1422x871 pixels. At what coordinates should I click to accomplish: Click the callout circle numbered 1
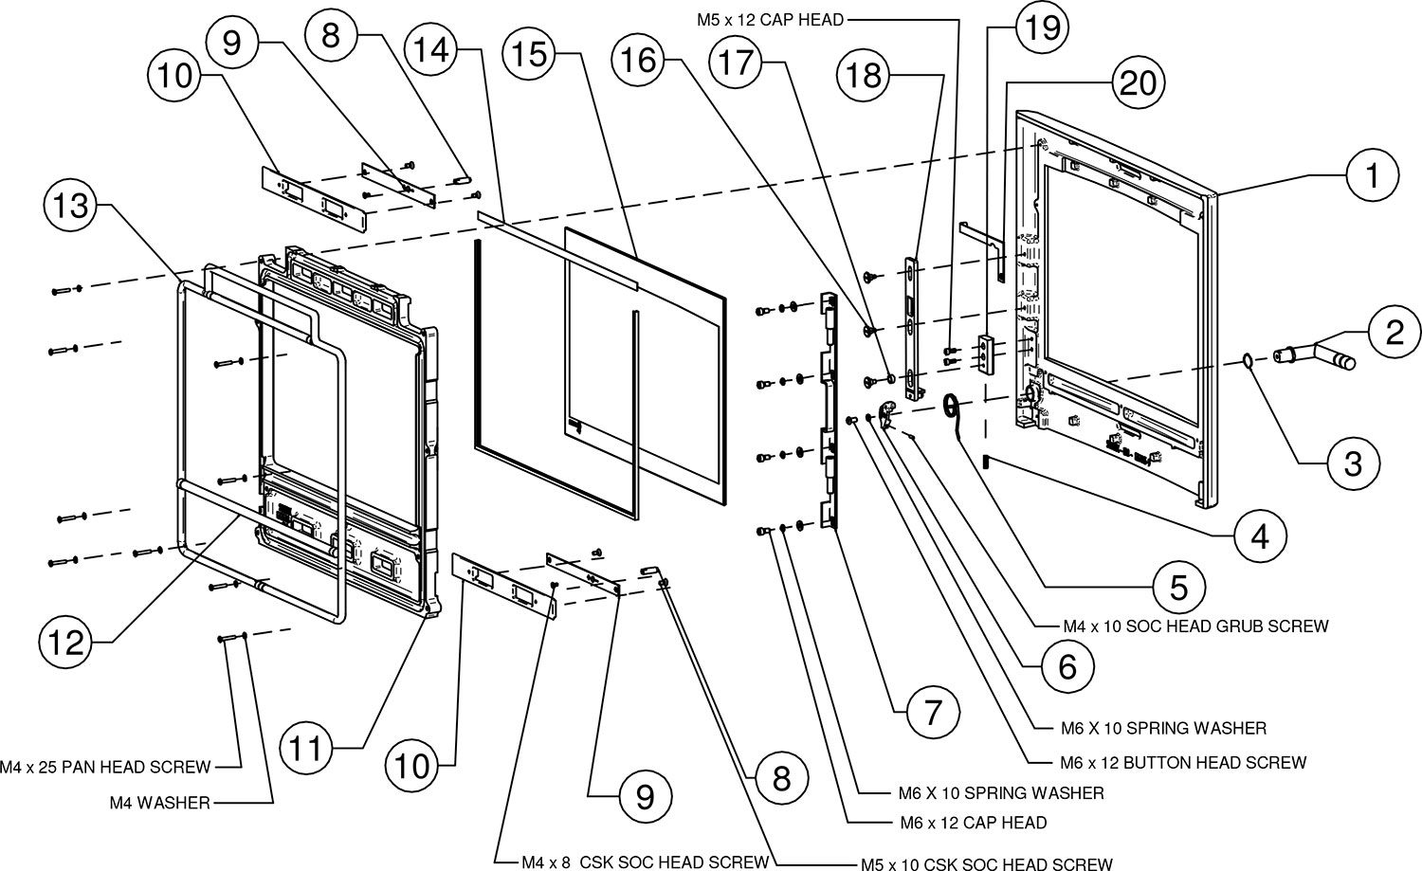[1373, 174]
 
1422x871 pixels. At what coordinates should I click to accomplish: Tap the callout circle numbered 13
[70, 206]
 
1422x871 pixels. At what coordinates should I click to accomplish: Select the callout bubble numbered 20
[1139, 83]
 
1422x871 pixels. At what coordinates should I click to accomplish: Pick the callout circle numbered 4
[1260, 536]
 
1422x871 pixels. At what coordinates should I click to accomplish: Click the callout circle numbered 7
[933, 713]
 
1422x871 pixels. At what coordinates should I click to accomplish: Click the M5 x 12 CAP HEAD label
[770, 20]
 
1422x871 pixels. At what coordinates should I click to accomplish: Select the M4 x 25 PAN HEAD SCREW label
[105, 767]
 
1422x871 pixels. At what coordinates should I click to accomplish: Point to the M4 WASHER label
[160, 803]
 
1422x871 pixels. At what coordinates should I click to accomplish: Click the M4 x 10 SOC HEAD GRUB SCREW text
[1196, 626]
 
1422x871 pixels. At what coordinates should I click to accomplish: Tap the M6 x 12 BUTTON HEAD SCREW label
[1183, 762]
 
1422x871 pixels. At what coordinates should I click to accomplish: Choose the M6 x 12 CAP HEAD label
[974, 823]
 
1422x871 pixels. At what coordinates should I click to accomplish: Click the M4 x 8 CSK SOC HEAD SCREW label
[645, 862]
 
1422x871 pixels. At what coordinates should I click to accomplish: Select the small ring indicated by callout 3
[1248, 362]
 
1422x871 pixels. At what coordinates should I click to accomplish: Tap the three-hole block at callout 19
[985, 356]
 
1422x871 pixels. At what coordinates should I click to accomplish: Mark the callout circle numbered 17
[737, 63]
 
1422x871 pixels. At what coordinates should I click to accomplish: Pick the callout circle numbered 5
[1179, 588]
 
